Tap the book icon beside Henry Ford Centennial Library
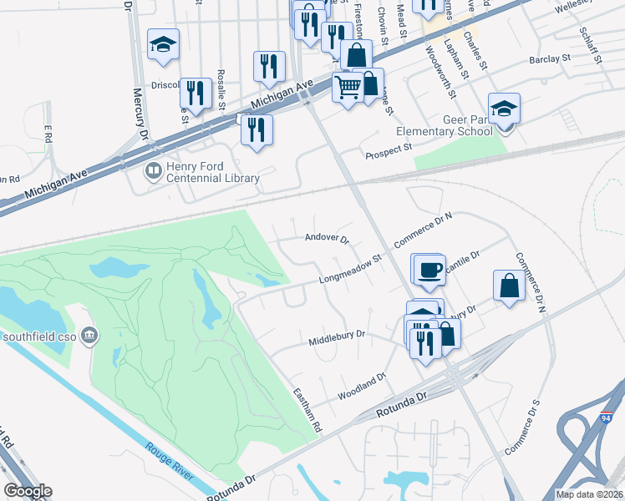153,172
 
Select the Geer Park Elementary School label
444,125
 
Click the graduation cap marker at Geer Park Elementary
504,109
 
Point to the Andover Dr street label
326,237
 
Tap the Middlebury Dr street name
338,334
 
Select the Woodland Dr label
361,386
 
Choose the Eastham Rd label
307,407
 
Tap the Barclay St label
549,59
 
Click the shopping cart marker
347,85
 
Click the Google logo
28,491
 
